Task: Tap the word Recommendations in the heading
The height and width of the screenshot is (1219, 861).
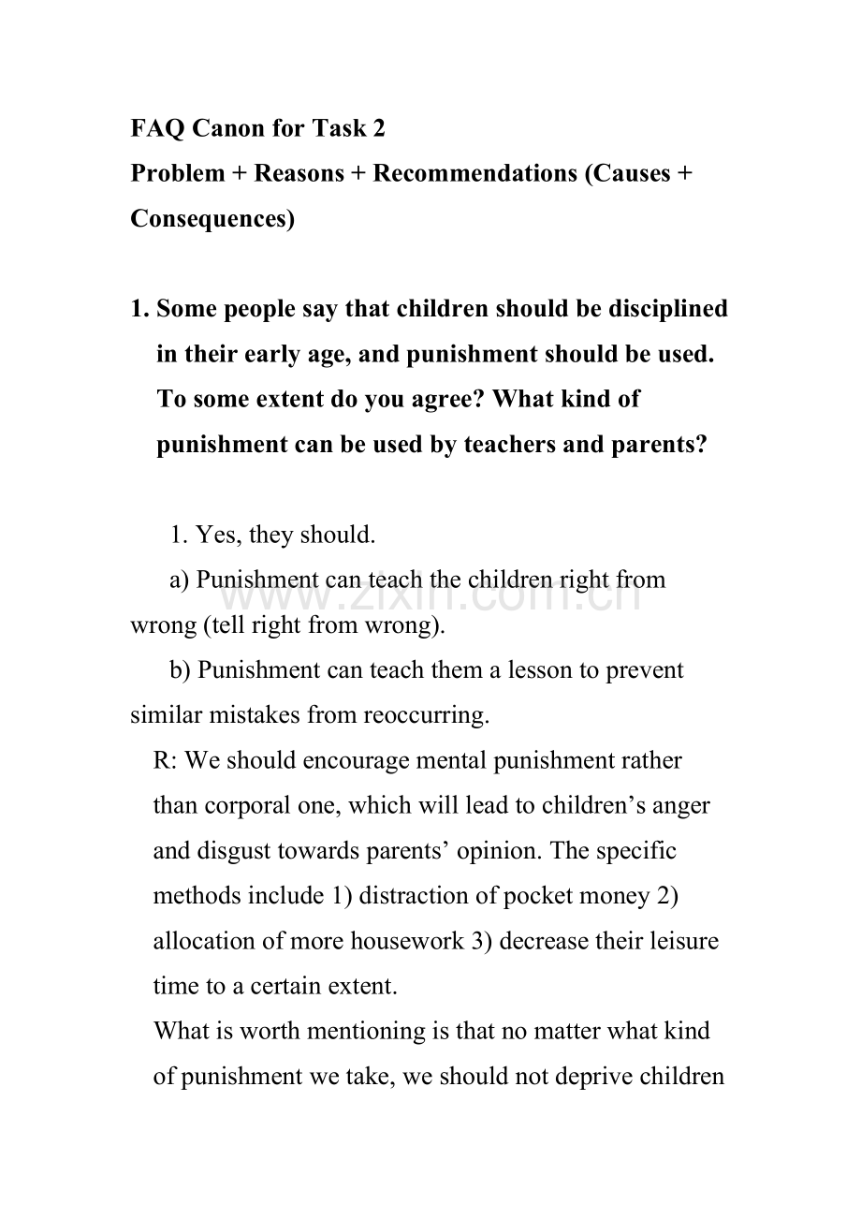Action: (x=474, y=173)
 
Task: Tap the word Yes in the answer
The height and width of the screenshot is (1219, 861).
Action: (x=214, y=535)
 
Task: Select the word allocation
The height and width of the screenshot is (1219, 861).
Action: (x=202, y=940)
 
